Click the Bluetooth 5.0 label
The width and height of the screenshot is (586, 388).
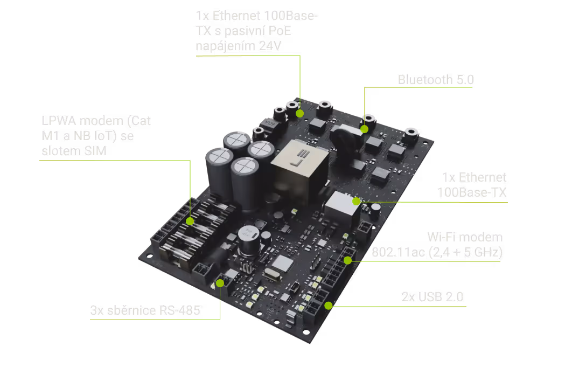click(436, 80)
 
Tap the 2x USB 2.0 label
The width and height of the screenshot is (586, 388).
click(432, 297)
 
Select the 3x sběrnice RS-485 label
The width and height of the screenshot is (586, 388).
click(145, 310)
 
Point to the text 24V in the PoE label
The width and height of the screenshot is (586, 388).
click(270, 46)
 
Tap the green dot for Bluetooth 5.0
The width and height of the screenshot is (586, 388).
click(365, 129)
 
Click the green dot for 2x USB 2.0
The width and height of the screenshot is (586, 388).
click(329, 306)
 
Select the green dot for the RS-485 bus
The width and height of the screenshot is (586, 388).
click(220, 283)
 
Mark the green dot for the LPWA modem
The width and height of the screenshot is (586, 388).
click(190, 221)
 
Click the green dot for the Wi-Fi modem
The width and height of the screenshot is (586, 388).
click(347, 260)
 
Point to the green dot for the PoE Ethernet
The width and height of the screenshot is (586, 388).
click(299, 114)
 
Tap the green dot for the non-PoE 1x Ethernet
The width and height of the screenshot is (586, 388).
click(355, 202)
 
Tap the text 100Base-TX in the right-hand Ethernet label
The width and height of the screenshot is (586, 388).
click(472, 192)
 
